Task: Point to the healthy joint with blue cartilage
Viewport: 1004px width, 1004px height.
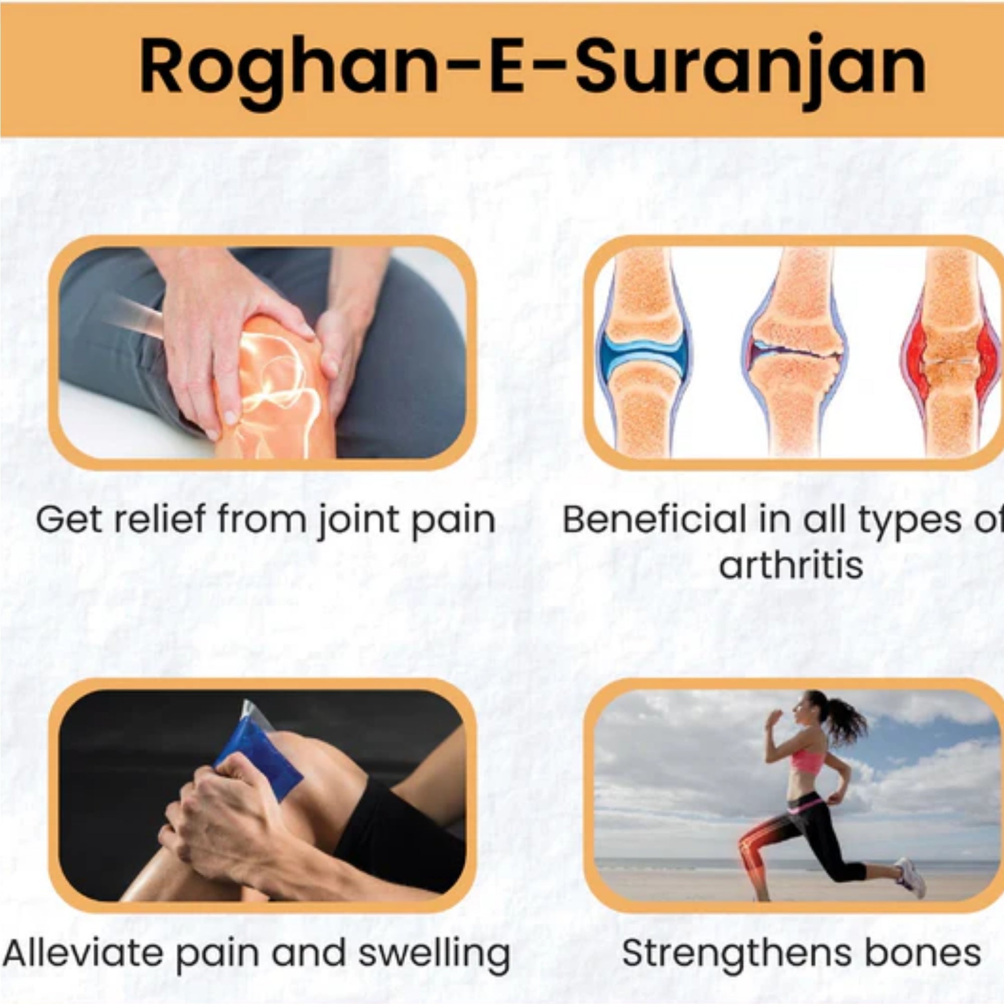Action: pos(643,353)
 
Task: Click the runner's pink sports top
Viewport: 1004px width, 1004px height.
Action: pos(808,759)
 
